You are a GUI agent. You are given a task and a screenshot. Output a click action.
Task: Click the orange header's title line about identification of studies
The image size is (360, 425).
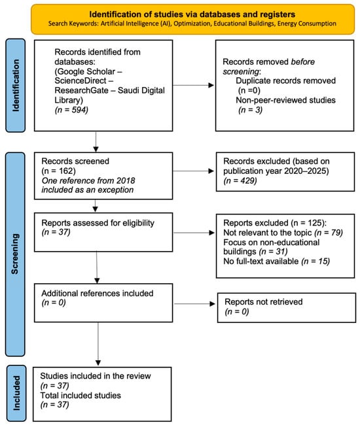click(x=192, y=14)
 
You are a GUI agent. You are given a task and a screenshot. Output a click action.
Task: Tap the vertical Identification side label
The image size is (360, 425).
click(x=16, y=86)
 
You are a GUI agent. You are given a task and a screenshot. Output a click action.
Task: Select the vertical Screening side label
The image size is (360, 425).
click(x=14, y=254)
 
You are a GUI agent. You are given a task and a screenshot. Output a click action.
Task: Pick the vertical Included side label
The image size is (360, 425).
click(x=16, y=393)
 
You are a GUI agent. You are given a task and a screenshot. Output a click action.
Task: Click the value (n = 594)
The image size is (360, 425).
click(x=71, y=110)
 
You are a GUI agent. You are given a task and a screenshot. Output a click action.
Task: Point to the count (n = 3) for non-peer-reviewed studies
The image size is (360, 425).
click(x=251, y=110)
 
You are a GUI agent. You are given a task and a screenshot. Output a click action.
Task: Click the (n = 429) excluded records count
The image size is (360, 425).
click(x=240, y=180)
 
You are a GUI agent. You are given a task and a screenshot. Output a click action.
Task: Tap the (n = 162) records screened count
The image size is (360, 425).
click(x=58, y=171)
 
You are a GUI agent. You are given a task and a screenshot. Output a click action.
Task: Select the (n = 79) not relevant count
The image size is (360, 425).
click(x=329, y=233)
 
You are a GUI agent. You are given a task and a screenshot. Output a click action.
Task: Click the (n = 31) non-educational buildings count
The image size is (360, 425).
click(x=273, y=252)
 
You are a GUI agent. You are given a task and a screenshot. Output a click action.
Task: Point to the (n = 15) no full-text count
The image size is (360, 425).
click(x=315, y=262)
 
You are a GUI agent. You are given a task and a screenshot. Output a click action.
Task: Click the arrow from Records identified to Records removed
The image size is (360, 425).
click(x=193, y=86)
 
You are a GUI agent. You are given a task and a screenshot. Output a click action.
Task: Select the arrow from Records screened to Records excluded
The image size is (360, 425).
click(x=193, y=171)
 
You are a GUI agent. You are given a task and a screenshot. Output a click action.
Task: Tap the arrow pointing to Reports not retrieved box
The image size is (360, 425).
click(x=194, y=304)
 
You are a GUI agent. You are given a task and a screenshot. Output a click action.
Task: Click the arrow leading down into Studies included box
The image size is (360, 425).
click(x=98, y=344)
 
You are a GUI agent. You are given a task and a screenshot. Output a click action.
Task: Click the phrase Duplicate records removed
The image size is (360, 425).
click(x=285, y=80)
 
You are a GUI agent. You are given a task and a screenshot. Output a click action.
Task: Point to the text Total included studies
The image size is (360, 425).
click(x=81, y=395)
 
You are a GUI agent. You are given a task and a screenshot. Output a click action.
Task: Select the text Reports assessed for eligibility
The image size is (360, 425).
click(x=98, y=223)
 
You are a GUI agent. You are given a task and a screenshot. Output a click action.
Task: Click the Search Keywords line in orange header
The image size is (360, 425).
click(x=192, y=24)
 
